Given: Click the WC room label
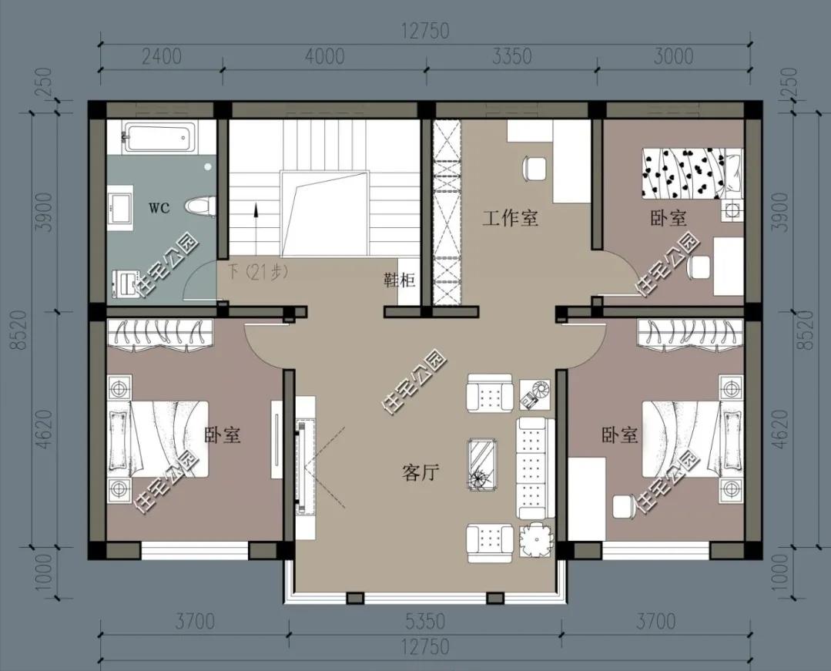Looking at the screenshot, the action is coord(159,208).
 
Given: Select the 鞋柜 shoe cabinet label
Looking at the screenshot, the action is coord(400,280).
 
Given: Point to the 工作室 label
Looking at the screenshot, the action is coord(510,218).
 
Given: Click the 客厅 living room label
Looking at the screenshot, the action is coord(421,471).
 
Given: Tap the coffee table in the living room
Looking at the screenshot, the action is coord(483,464).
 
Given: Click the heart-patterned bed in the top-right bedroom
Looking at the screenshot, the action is coord(692,173).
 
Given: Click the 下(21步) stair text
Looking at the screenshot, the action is coord(257,272).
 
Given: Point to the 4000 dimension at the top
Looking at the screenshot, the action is coord(325,56).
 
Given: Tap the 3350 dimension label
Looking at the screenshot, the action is coord(511,56).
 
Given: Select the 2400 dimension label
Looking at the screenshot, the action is coord(162,56).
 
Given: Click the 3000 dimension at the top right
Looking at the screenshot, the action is coord(673,56).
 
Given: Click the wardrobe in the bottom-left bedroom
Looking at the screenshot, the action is coord(160,334).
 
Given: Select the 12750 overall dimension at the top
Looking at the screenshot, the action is coord(425,31).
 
